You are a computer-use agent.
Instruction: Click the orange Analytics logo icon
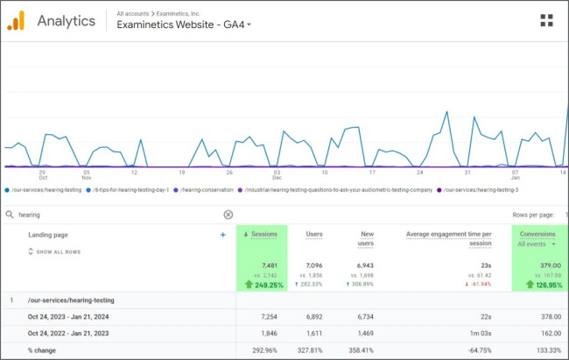pos(17,21)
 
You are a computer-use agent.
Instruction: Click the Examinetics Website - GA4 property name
pos(180,25)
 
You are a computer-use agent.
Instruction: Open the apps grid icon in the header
pos(546,21)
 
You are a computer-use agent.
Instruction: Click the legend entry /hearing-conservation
pos(207,189)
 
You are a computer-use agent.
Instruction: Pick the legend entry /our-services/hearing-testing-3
pos(481,189)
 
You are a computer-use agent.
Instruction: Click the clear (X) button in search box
pos(228,215)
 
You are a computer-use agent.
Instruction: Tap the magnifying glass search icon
pos(9,215)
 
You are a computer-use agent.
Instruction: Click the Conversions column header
pos(537,234)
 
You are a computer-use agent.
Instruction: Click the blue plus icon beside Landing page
pos(223,235)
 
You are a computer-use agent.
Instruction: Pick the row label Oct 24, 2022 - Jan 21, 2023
pos(69,333)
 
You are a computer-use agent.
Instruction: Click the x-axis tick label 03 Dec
pos(277,175)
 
